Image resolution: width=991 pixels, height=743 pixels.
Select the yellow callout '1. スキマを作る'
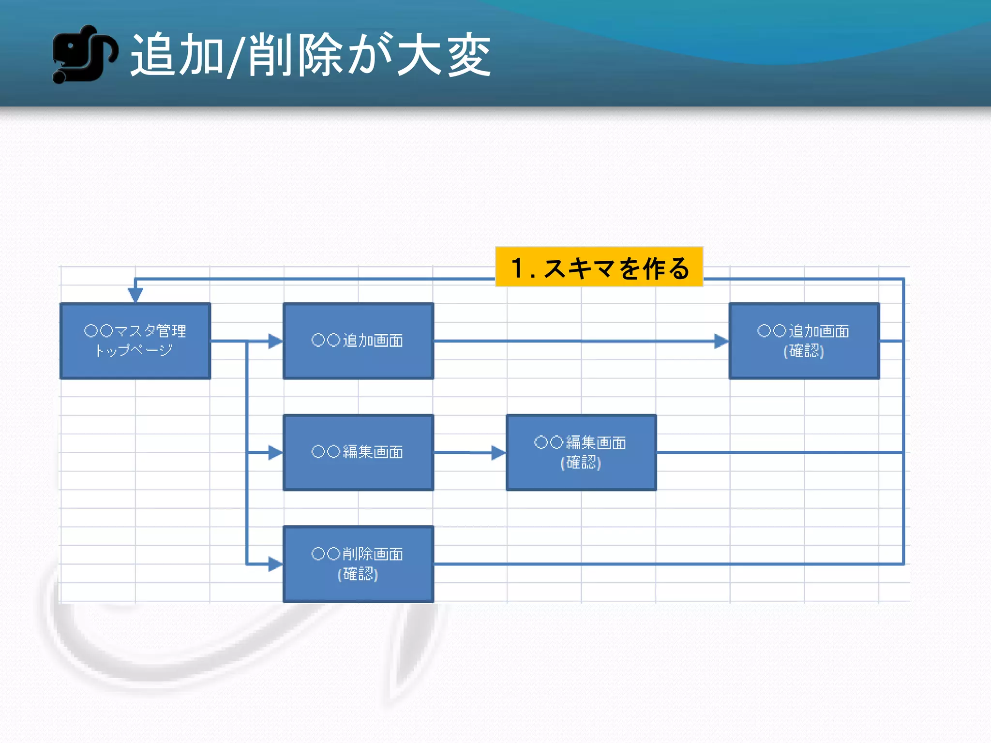point(599,267)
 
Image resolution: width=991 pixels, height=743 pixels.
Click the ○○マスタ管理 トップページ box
point(135,341)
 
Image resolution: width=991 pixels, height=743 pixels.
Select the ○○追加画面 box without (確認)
point(358,341)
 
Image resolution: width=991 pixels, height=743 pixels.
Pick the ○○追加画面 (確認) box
point(804,341)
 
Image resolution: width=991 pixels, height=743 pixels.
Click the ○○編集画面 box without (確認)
point(358,452)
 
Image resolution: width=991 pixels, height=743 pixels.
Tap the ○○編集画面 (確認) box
point(581,452)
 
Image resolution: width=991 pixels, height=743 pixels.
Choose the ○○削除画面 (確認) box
point(358,564)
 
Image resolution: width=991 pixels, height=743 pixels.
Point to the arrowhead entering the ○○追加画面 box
point(275,341)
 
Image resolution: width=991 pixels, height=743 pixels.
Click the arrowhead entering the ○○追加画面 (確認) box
point(721,341)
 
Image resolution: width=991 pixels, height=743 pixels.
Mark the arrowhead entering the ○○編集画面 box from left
point(275,453)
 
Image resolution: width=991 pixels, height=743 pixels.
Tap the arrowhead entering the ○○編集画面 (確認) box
point(498,453)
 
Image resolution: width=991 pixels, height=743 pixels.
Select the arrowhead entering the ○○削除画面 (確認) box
point(275,564)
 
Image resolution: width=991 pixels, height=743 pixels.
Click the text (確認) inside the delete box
point(358,574)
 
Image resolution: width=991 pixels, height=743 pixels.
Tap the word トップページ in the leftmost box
point(134,350)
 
